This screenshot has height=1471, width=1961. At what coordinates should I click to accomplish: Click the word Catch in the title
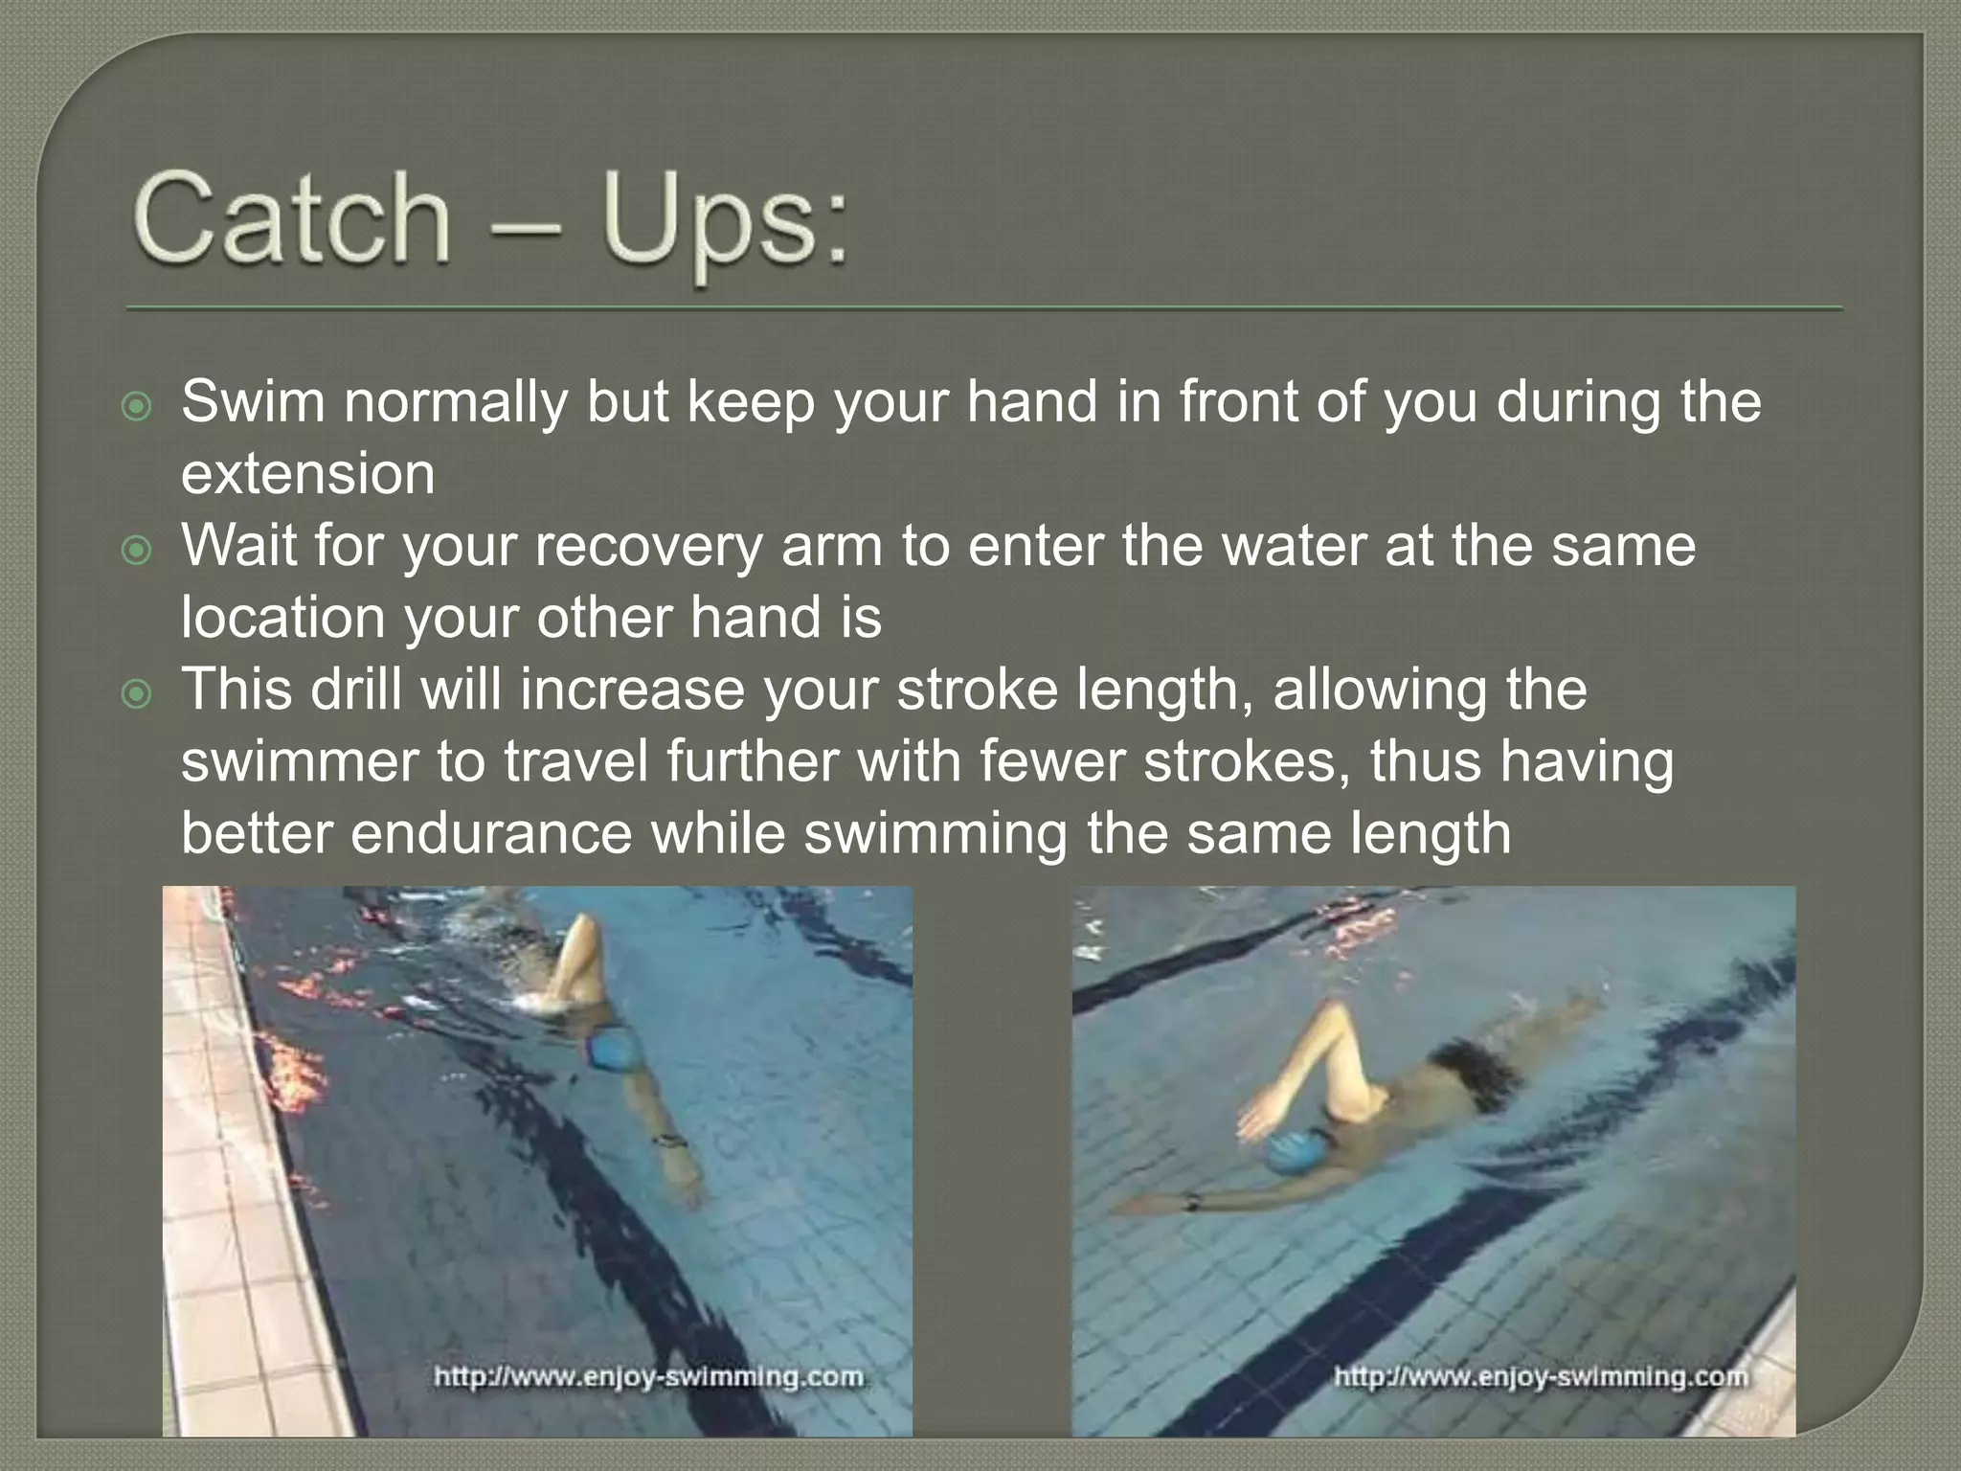point(293,218)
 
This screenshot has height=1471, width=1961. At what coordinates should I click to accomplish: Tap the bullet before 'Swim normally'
point(138,407)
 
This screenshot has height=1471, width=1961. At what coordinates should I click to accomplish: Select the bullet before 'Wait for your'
point(138,551)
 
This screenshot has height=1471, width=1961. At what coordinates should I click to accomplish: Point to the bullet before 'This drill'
point(138,694)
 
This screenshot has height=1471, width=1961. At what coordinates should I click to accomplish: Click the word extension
point(307,474)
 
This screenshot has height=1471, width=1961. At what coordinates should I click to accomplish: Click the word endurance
point(491,833)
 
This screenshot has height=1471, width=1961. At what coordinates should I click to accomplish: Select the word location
point(283,618)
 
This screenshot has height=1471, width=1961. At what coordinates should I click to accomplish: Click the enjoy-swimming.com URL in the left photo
point(648,1377)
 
